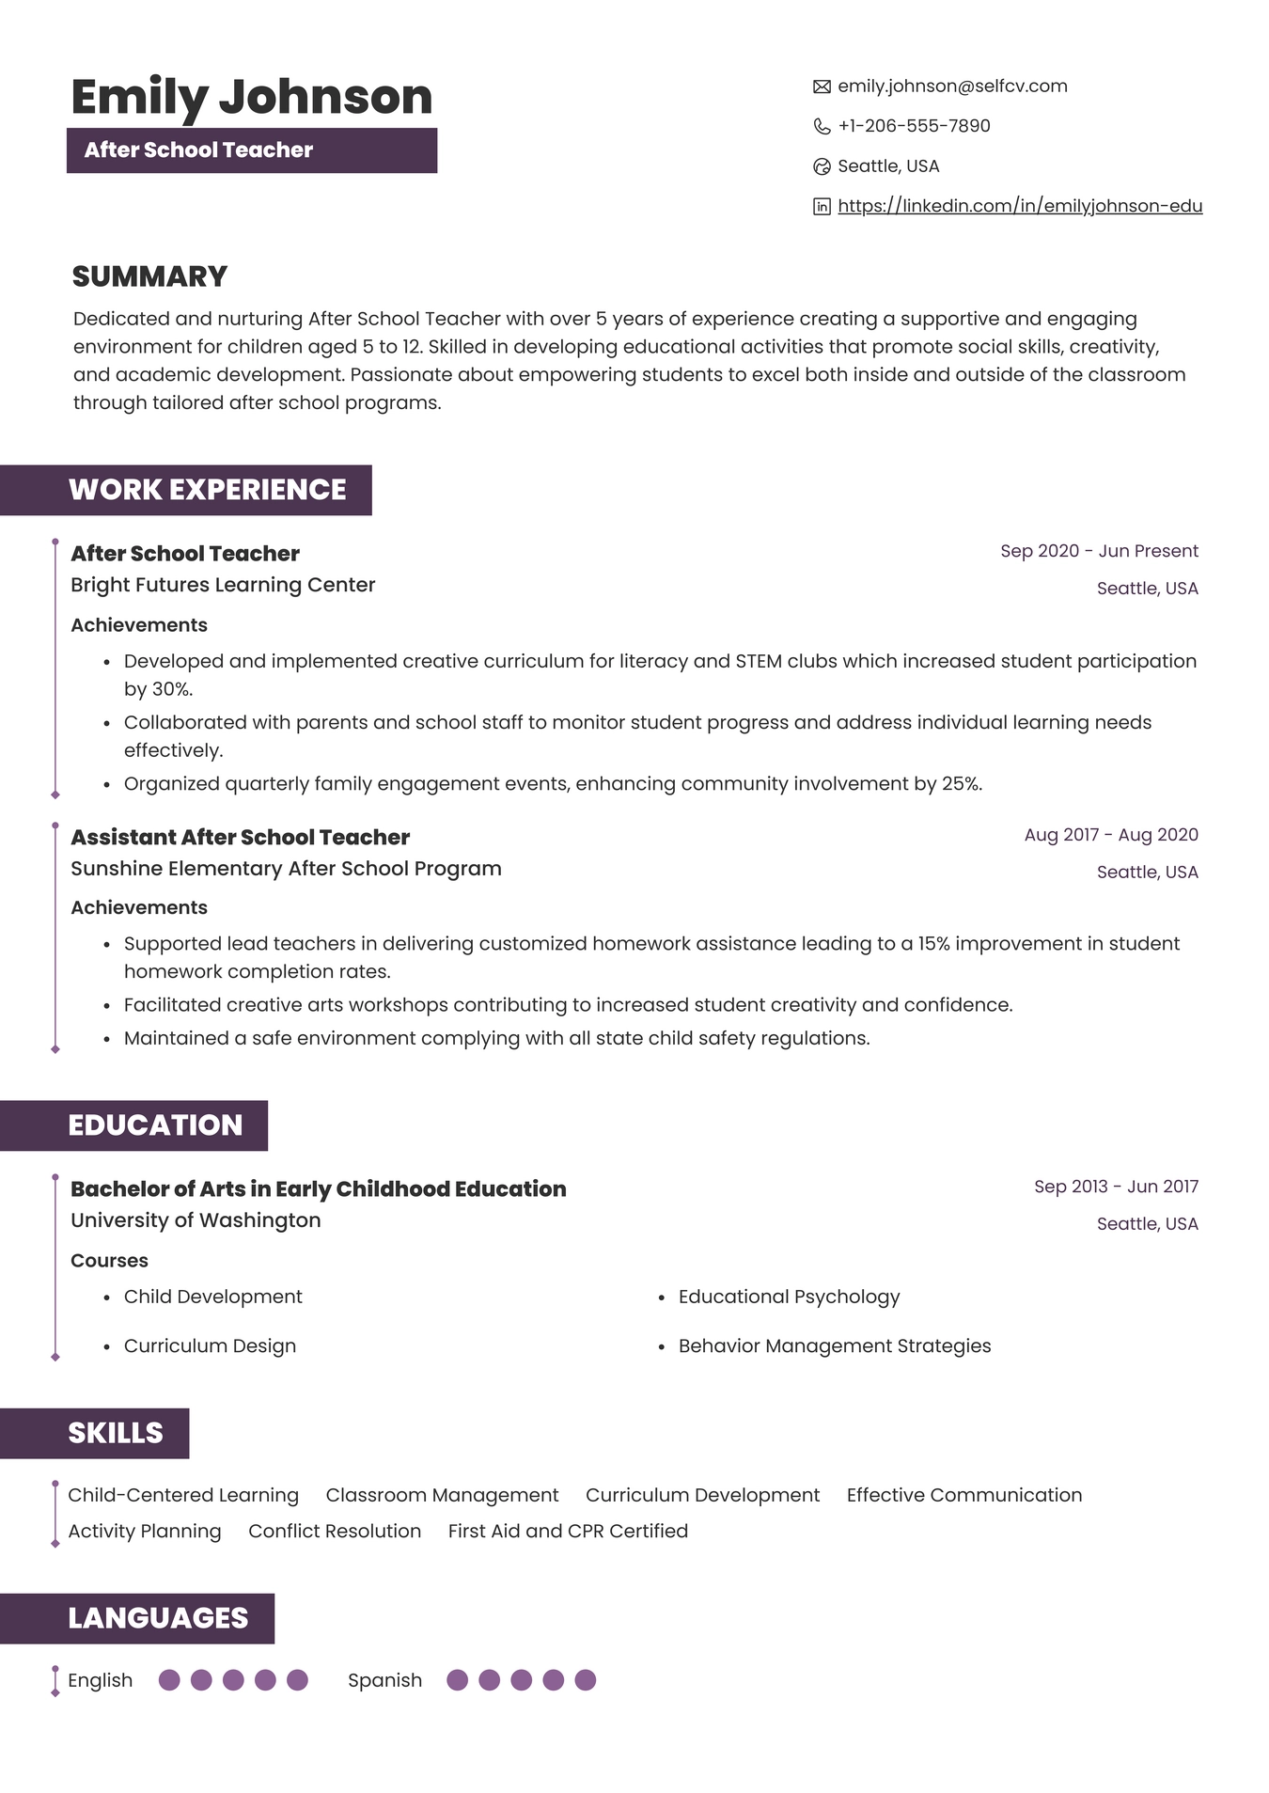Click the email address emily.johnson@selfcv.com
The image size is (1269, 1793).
[952, 87]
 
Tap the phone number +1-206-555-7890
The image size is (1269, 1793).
[914, 126]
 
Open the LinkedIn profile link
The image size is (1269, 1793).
[1020, 206]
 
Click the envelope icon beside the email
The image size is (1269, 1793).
[822, 87]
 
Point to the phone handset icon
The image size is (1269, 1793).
[822, 126]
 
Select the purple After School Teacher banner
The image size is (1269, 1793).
[252, 150]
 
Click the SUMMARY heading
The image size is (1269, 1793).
[150, 276]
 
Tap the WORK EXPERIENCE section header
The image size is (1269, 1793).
[207, 490]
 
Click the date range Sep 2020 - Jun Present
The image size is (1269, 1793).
[1099, 551]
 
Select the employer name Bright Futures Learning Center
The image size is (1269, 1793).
[223, 585]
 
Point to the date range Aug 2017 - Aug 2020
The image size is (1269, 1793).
[1111, 835]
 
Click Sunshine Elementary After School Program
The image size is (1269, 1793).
[286, 869]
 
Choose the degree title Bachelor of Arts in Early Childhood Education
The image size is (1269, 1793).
[319, 1189]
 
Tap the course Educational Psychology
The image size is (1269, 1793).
[789, 1297]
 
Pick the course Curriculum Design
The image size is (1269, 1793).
[210, 1345]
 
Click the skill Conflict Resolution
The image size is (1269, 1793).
[335, 1531]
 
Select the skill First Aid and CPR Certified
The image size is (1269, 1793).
[568, 1531]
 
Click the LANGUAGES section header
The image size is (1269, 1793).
[158, 1618]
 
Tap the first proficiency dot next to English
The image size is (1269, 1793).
[169, 1680]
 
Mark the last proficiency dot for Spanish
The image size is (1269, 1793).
[585, 1680]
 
